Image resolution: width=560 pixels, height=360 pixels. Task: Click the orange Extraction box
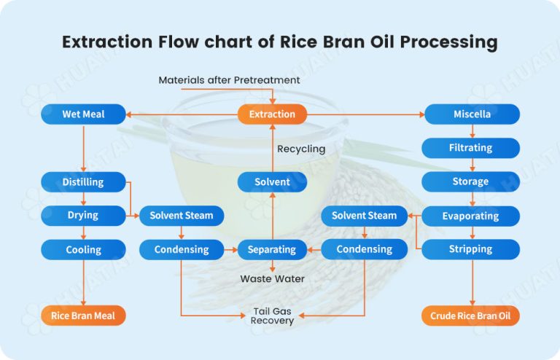(x=272, y=114)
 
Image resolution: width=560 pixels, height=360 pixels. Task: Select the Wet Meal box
(x=82, y=114)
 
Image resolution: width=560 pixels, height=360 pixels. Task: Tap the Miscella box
(x=472, y=114)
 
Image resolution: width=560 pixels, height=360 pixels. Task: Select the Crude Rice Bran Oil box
(x=471, y=316)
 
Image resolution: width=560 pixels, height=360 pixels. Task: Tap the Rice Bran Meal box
(x=82, y=316)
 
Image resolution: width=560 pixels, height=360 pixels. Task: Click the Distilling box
(x=82, y=181)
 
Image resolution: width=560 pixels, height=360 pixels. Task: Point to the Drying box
(x=82, y=216)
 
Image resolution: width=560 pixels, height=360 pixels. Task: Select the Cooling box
(x=82, y=249)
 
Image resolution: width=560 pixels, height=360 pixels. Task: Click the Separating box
(x=272, y=249)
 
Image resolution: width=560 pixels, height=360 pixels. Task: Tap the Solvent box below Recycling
(x=272, y=181)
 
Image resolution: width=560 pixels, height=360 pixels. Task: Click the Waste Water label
(x=273, y=278)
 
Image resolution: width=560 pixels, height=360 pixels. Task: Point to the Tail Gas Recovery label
(x=273, y=316)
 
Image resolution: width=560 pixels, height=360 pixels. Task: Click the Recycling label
(x=301, y=149)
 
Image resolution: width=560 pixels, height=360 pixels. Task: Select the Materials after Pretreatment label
(x=229, y=79)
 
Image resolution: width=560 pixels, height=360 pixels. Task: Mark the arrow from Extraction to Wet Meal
(x=182, y=114)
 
